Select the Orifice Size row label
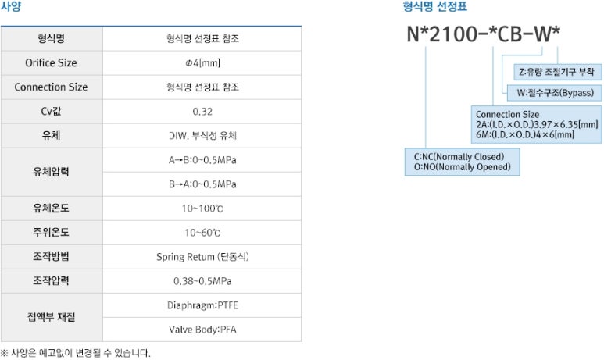51,62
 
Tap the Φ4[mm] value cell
202,62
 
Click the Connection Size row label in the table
51,87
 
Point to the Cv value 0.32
202,111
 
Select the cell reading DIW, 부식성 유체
202,136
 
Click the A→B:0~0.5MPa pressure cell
202,160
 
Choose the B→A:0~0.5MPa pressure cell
202,184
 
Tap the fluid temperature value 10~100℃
202,209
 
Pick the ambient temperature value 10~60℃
202,233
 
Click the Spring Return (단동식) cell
202,257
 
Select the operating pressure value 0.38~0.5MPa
202,281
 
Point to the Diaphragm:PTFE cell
202,305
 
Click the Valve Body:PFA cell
202,330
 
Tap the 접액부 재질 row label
51,317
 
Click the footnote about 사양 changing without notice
76,353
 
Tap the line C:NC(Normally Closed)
459,156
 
